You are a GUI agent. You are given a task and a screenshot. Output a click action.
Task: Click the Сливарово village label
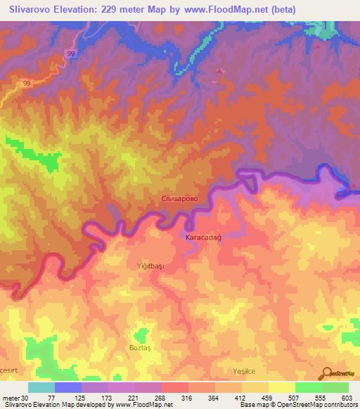pyautogui.click(x=184, y=200)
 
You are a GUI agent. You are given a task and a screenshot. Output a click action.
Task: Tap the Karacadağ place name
pyautogui.click(x=203, y=238)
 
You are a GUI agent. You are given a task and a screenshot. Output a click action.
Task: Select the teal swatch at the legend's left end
pyautogui.click(x=41, y=387)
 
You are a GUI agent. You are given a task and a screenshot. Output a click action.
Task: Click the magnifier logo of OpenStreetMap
pyautogui.click(x=328, y=374)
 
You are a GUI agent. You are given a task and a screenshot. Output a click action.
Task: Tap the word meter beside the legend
pyautogui.click(x=11, y=398)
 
